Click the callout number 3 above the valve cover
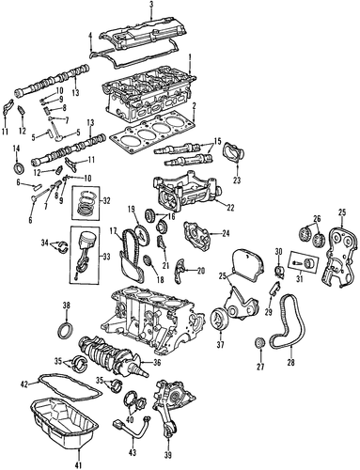pyautogui.click(x=151, y=5)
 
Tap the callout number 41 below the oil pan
pyautogui.click(x=79, y=464)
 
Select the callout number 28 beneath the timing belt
pyautogui.click(x=290, y=363)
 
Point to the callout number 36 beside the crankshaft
pyautogui.click(x=156, y=363)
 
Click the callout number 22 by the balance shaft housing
pyautogui.click(x=230, y=208)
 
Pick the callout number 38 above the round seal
pyautogui.click(x=67, y=305)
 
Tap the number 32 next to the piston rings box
pyautogui.click(x=106, y=201)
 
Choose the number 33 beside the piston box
pyautogui.click(x=106, y=258)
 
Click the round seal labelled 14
pyautogui.click(x=19, y=167)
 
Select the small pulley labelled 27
pyautogui.click(x=260, y=343)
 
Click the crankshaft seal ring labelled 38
pyautogui.click(x=66, y=330)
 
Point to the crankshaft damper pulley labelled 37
pyautogui.click(x=218, y=319)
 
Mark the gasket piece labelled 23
pyautogui.click(x=233, y=153)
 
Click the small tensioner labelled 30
pyautogui.click(x=279, y=270)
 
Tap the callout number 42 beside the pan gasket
pyautogui.click(x=24, y=384)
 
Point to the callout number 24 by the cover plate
pyautogui.click(x=226, y=233)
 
